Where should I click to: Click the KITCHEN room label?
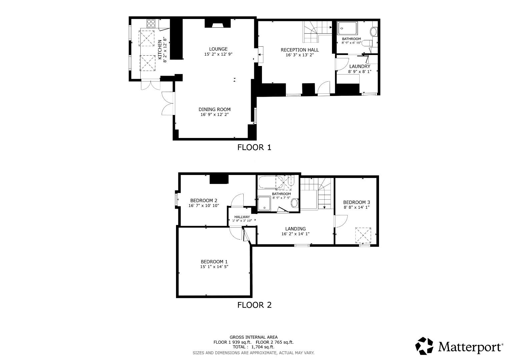(x=160, y=50)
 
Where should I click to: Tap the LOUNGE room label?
(x=218, y=49)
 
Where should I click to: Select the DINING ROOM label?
(x=215, y=109)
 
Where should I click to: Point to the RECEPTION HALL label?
(x=300, y=50)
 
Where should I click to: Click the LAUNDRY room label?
(x=360, y=66)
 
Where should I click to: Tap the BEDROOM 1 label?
(x=214, y=262)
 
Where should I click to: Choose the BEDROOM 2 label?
(x=204, y=200)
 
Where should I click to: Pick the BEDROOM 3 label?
(x=357, y=202)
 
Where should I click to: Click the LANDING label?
(x=295, y=229)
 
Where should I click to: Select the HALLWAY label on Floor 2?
(x=242, y=217)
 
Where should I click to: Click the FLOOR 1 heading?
(x=254, y=147)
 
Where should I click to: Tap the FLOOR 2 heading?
(x=254, y=305)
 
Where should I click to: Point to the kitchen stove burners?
(x=151, y=23)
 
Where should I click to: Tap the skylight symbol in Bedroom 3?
(x=363, y=236)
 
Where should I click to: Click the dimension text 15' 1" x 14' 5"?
(x=214, y=267)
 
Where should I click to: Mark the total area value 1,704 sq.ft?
(x=263, y=347)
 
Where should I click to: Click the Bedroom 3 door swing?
(x=341, y=221)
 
